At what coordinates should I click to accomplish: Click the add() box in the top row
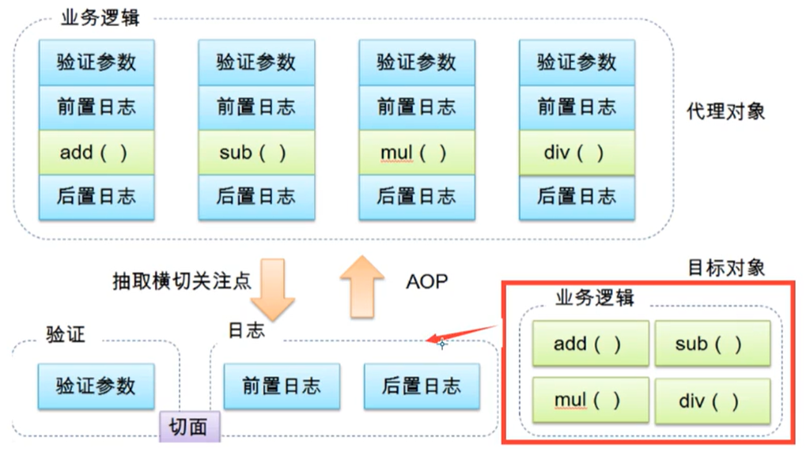[x=96, y=152]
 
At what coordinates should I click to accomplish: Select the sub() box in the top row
[x=255, y=152]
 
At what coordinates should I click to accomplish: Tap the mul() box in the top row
[x=416, y=152]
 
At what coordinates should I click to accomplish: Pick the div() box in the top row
[x=577, y=152]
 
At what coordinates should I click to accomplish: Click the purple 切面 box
[x=189, y=427]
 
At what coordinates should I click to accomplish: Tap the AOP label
[x=427, y=281]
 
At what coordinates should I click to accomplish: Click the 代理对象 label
[x=725, y=111]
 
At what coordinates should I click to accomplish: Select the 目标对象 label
[x=726, y=267]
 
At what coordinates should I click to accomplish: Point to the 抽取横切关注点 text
[x=181, y=281]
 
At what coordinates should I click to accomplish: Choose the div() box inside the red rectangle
[x=712, y=401]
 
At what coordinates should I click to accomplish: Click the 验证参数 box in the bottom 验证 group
[x=96, y=386]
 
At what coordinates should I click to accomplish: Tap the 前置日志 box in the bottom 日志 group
[x=282, y=386]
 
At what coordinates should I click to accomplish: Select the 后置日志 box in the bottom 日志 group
[x=421, y=386]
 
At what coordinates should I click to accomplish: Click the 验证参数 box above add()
[x=96, y=62]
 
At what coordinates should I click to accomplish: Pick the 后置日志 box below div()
[x=577, y=197]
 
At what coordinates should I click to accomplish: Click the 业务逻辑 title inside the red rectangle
[x=594, y=298]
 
